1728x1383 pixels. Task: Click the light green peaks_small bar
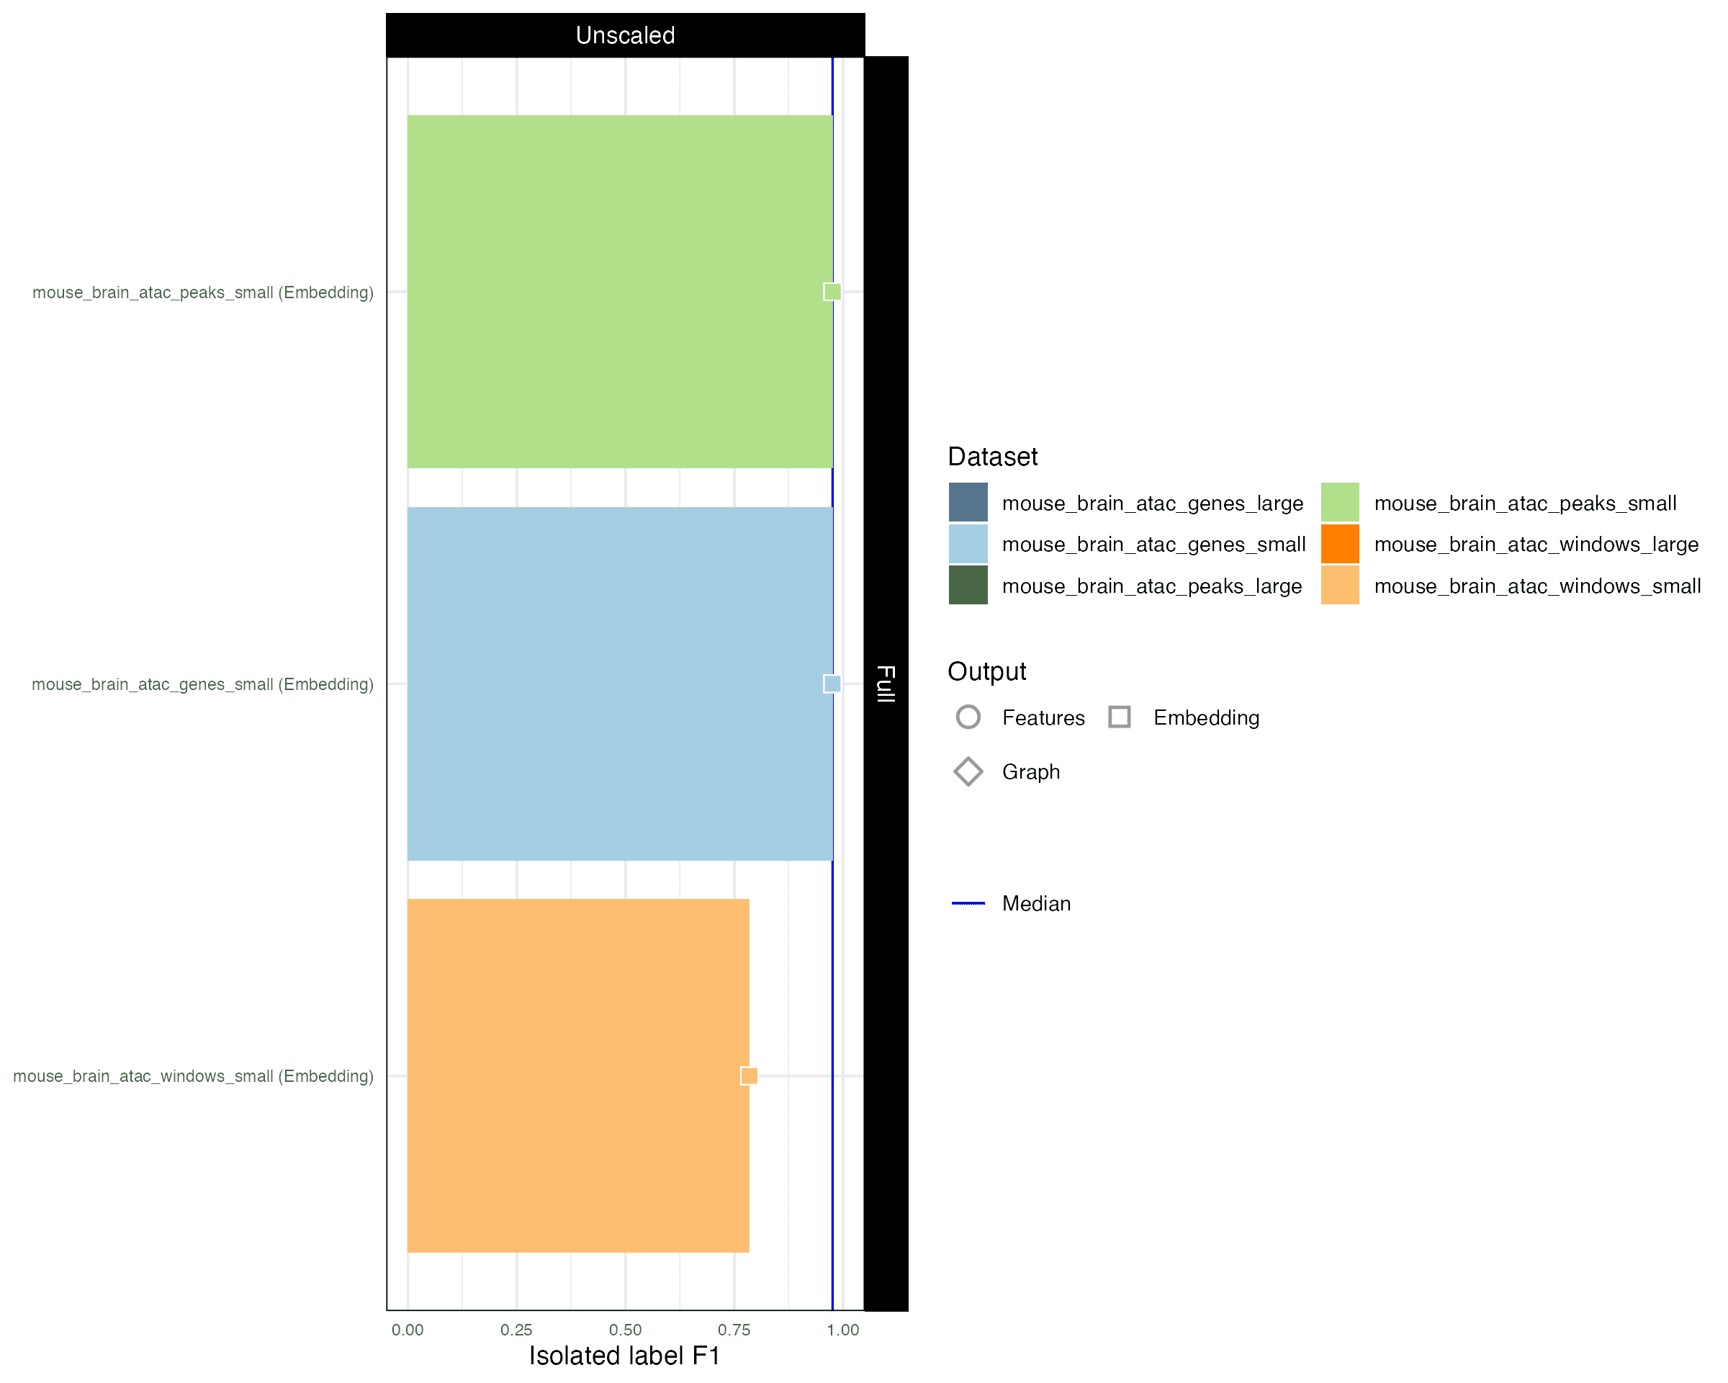(619, 292)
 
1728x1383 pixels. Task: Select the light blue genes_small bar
(619, 684)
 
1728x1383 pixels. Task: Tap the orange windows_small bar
(578, 1075)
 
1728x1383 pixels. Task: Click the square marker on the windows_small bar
(750, 1075)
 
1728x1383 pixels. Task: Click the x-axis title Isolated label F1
(624, 1356)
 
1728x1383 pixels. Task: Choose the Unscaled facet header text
(625, 35)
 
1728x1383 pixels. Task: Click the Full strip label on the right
(886, 684)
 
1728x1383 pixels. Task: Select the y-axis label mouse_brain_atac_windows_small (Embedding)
(193, 1076)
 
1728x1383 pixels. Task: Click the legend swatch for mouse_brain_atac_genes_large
(968, 503)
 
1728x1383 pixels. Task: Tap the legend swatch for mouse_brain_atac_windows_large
(1340, 544)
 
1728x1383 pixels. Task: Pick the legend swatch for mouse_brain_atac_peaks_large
(968, 586)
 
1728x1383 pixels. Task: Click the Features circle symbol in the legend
(968, 705)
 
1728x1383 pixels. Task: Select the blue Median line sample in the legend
(968, 903)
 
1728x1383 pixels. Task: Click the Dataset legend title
(992, 457)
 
